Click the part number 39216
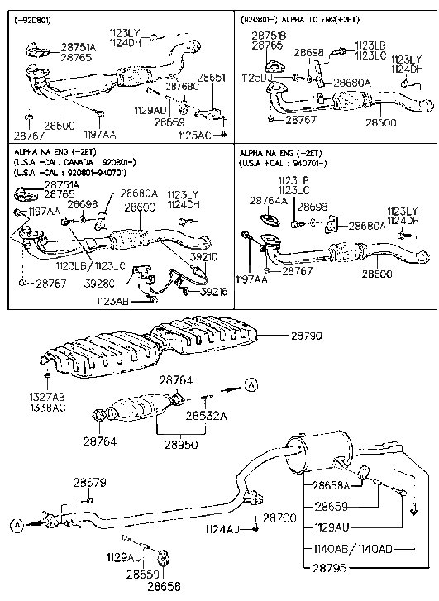(213, 292)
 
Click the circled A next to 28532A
(250, 382)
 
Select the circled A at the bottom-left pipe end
(16, 523)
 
